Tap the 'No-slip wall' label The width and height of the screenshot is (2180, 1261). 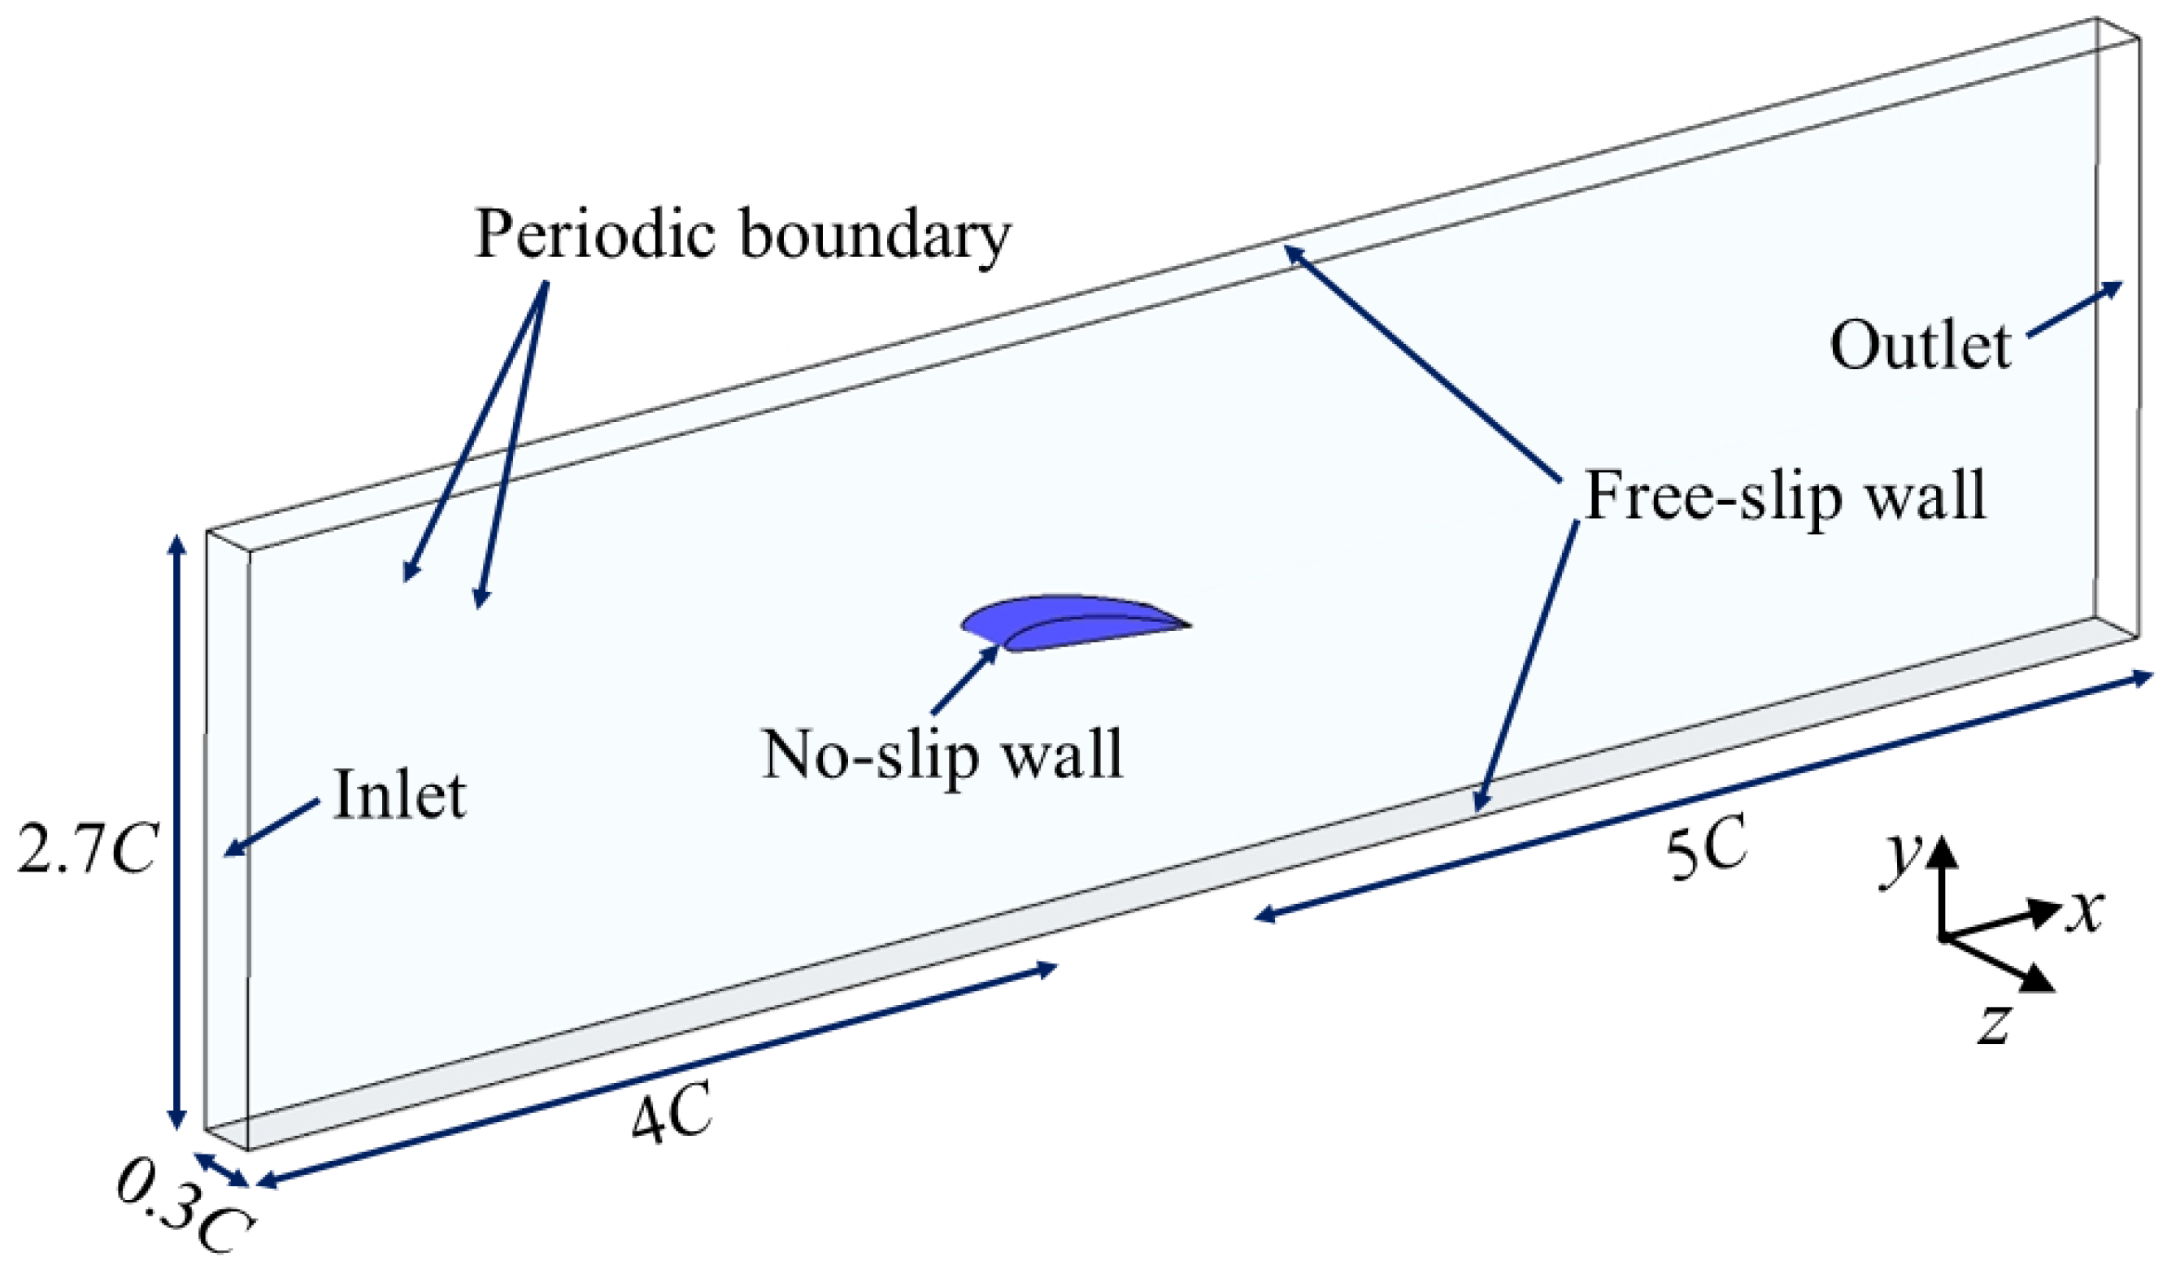point(942,755)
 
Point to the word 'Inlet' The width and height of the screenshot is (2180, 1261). point(400,795)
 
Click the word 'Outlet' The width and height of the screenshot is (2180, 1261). point(1920,346)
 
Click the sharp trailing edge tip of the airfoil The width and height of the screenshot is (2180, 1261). point(1190,624)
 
